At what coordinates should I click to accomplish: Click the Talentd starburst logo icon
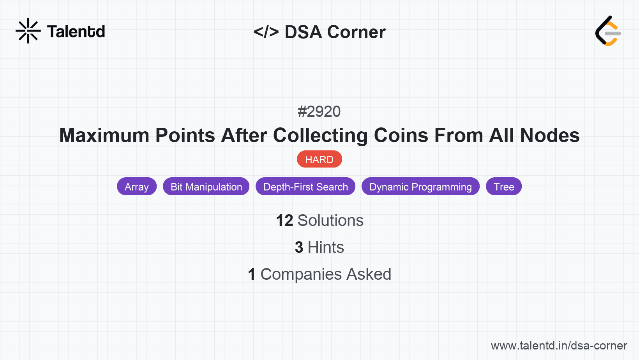28,31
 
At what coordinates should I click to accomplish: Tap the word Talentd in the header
76,32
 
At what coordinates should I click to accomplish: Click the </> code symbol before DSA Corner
266,32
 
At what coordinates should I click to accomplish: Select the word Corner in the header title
356,32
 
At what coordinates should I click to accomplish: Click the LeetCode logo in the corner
608,31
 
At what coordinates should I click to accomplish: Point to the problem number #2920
319,112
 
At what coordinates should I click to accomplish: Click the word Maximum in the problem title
104,136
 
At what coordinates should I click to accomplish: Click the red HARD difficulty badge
319,159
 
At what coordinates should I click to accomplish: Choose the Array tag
137,187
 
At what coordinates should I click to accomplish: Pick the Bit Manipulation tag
206,187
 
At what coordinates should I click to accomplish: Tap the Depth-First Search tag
305,187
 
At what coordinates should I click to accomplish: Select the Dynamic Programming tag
420,187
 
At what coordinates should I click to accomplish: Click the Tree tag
504,187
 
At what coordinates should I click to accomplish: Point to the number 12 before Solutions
284,221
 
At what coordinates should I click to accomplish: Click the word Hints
326,247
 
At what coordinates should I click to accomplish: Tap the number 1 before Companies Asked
252,274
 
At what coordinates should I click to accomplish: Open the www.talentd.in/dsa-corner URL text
559,346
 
